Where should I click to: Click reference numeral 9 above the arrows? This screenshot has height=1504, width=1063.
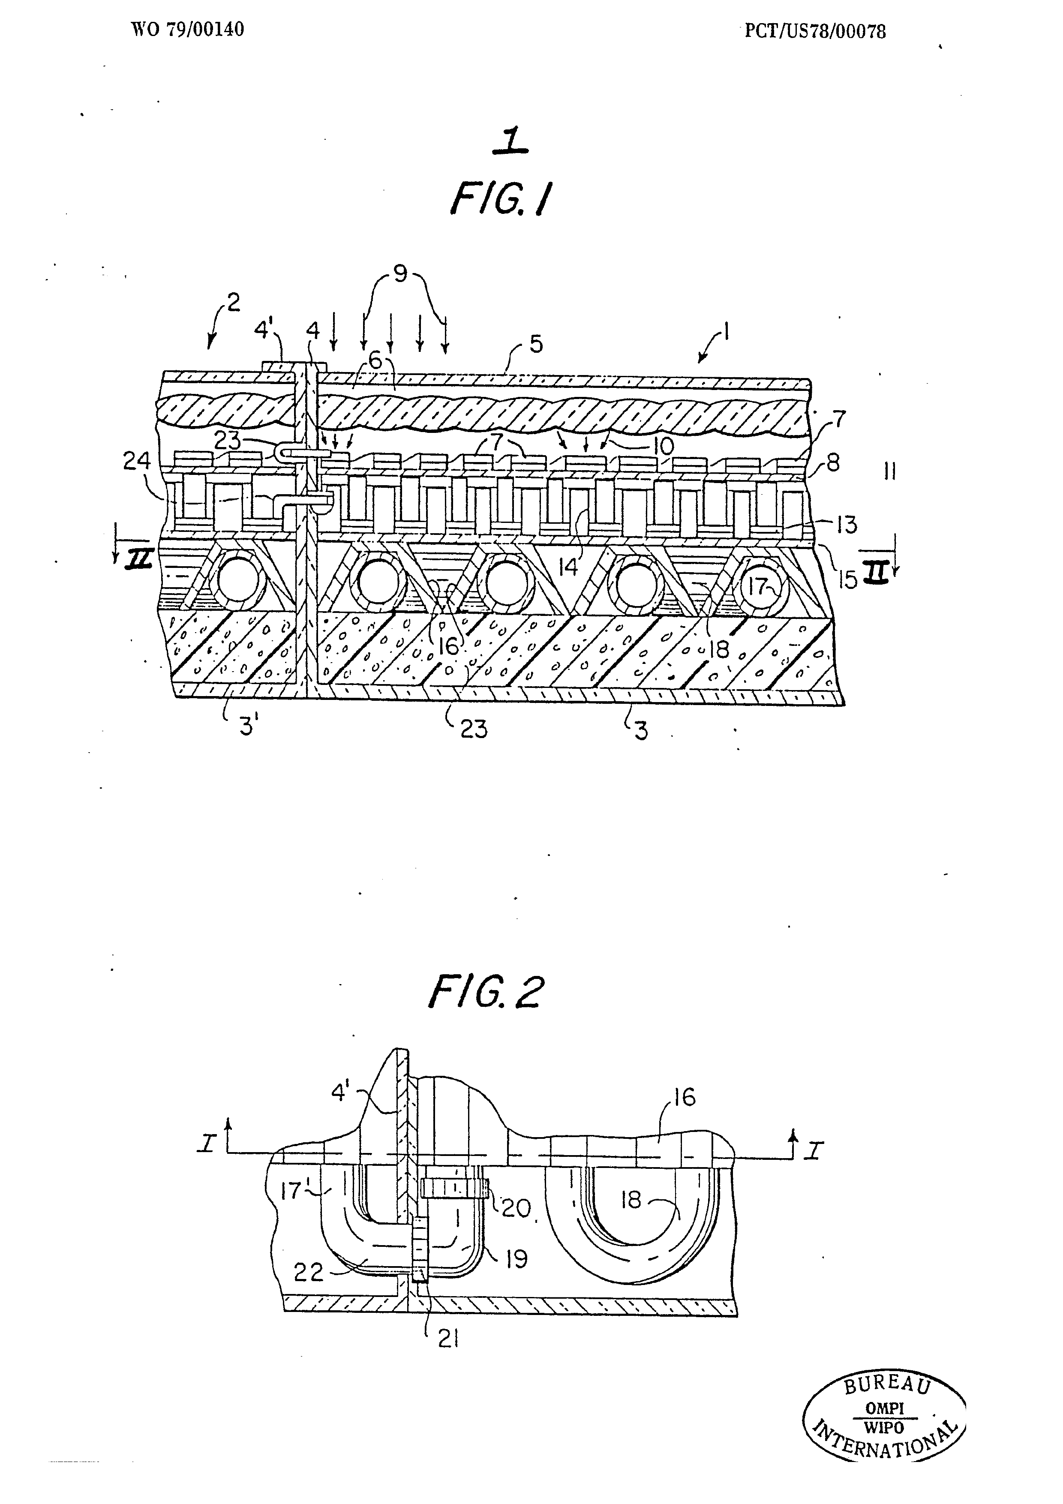click(400, 273)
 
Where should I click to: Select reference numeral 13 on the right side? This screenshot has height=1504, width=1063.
click(846, 525)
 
